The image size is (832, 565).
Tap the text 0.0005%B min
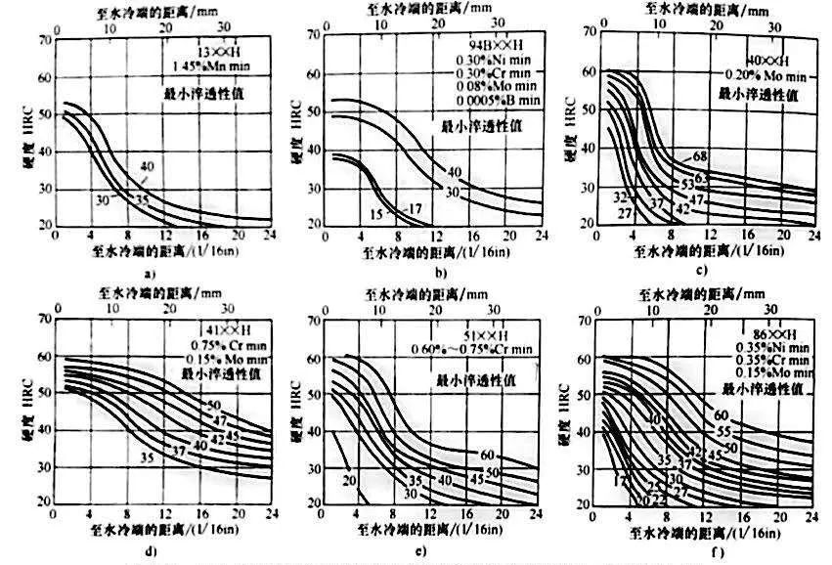pos(498,101)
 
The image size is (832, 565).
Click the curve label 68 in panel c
pos(700,155)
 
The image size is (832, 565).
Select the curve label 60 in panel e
pos(486,455)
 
